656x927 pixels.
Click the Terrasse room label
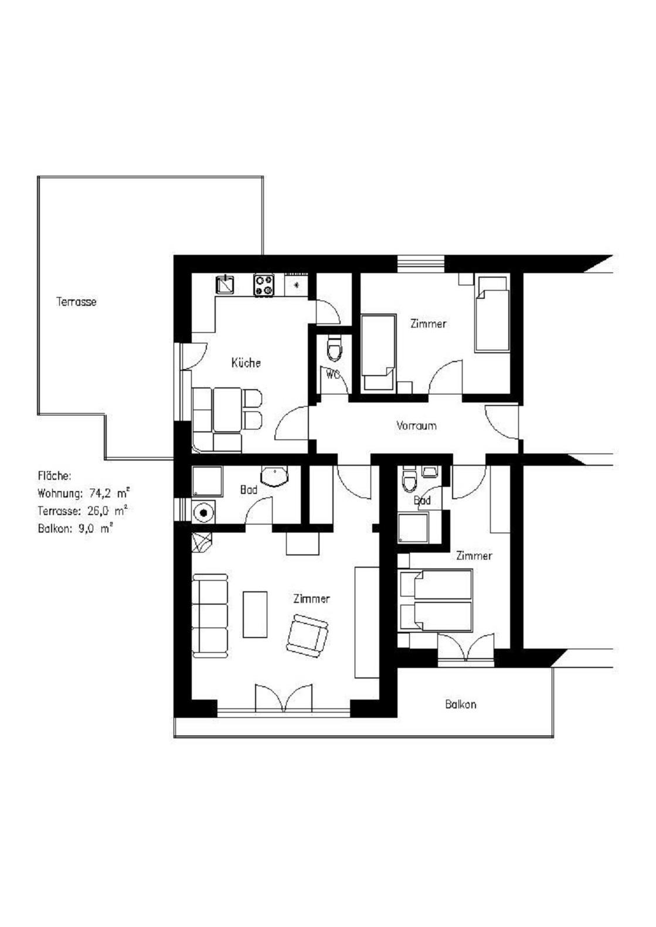click(x=76, y=302)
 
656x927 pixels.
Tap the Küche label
click(x=246, y=363)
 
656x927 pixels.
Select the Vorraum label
click(x=416, y=425)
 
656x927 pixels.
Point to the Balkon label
click(x=461, y=704)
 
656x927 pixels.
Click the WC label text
click(x=332, y=375)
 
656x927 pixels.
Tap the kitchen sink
click(x=226, y=284)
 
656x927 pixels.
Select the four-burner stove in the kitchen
click(x=264, y=285)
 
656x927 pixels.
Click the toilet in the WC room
click(x=334, y=349)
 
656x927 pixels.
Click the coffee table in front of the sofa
click(x=255, y=615)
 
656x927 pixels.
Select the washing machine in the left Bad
click(x=203, y=512)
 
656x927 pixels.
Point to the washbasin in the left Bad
click(x=275, y=477)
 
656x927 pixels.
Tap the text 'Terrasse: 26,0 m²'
click(x=82, y=511)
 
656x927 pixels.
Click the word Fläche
click(x=55, y=476)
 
